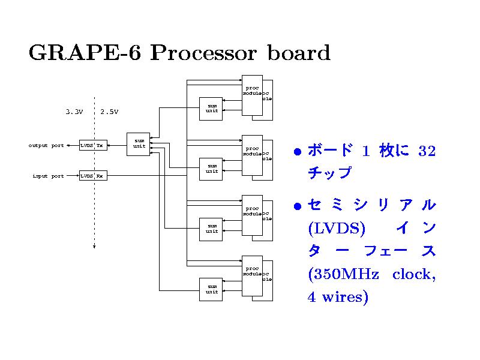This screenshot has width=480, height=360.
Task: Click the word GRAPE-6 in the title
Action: [84, 53]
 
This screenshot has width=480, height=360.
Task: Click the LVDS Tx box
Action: [93, 145]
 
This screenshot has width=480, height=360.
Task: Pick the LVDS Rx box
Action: [93, 176]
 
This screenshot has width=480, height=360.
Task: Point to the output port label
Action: [46, 145]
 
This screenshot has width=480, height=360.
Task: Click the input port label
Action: [48, 176]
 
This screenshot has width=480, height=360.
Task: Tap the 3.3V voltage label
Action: [74, 111]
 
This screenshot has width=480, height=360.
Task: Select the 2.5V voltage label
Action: [109, 111]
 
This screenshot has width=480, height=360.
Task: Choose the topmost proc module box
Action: [252, 95]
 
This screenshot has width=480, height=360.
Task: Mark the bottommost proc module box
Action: [252, 276]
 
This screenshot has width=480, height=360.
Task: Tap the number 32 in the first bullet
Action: [427, 151]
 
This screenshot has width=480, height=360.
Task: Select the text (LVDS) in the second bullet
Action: [336, 229]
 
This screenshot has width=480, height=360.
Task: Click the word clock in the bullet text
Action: [413, 274]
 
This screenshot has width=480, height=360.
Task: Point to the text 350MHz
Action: [343, 274]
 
